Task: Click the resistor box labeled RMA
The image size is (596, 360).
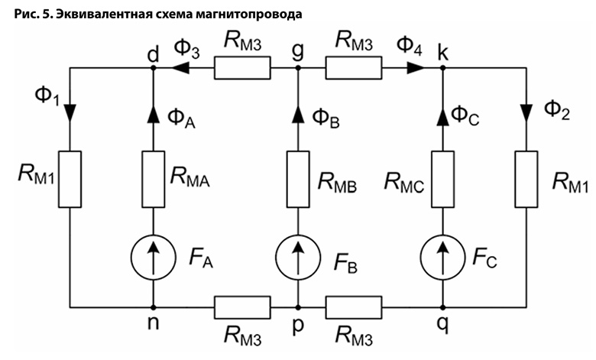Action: [x=153, y=180]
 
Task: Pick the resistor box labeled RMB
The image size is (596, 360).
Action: [x=298, y=180]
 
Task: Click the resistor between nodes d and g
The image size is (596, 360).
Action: [x=241, y=68]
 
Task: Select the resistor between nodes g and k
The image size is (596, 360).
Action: [x=354, y=68]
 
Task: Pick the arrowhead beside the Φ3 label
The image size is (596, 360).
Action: [x=183, y=68]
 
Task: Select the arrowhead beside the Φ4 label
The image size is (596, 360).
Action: [x=413, y=68]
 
